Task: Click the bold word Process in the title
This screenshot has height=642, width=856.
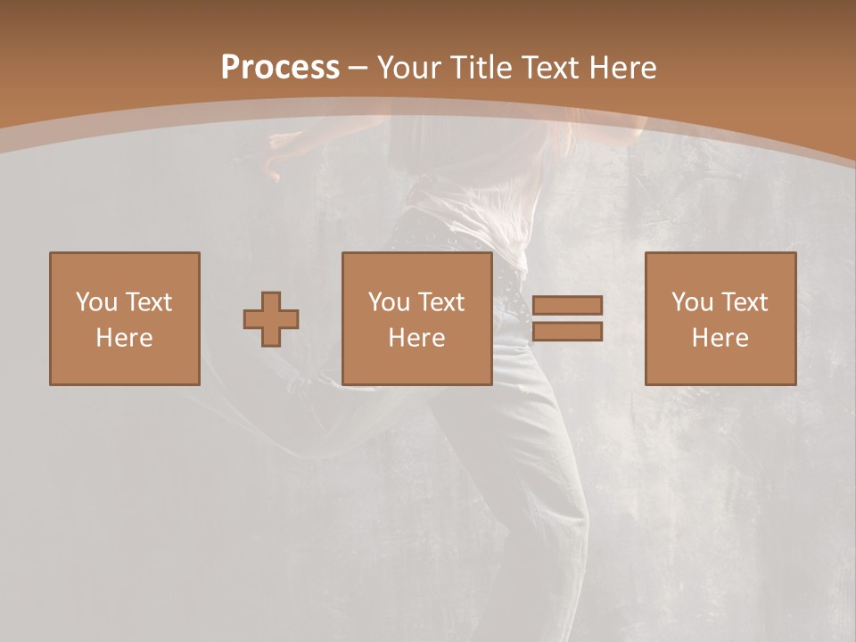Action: point(280,68)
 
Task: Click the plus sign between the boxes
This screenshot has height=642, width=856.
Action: point(271,318)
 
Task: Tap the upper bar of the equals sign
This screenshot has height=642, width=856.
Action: point(567,306)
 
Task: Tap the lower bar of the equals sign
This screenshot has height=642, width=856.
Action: point(567,332)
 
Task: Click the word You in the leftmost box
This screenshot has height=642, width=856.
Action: point(96,302)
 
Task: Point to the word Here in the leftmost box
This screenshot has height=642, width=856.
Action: point(124,338)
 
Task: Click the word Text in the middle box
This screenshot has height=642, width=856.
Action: point(441,302)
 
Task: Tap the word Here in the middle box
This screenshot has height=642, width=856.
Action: point(416,338)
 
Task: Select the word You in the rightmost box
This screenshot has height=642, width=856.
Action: point(692,302)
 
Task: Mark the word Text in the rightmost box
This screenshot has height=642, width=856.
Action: point(745,302)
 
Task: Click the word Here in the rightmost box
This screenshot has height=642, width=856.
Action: point(720,338)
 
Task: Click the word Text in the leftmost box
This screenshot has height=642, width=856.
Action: point(149,302)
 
